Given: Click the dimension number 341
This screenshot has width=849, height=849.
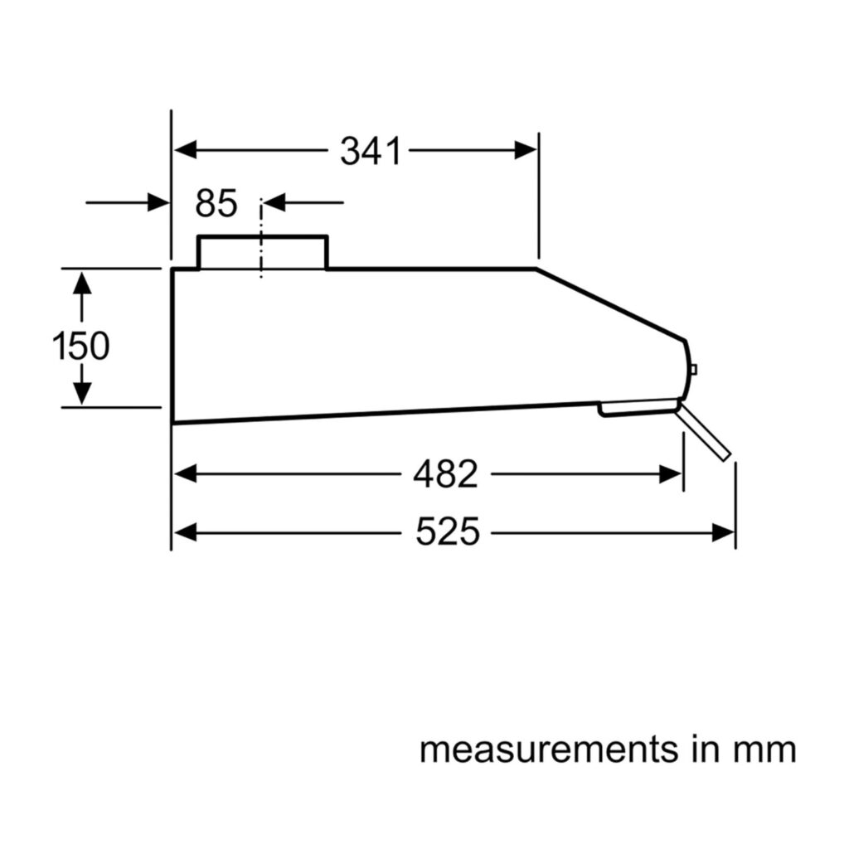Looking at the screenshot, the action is click(x=371, y=151).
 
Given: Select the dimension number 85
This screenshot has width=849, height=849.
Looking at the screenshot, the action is click(x=216, y=203).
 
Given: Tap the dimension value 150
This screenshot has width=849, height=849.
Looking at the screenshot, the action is click(x=80, y=346).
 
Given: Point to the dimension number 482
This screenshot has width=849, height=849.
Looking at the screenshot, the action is click(x=445, y=474).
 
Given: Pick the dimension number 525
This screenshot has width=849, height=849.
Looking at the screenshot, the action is click(x=448, y=531).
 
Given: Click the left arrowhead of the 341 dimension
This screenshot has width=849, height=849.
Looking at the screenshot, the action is click(x=185, y=150).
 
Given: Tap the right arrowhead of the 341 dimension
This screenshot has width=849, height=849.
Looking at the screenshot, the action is click(x=525, y=150).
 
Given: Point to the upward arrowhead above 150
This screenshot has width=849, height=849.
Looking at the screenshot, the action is click(x=82, y=284).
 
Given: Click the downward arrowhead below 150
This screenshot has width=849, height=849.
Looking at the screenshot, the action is click(x=82, y=393).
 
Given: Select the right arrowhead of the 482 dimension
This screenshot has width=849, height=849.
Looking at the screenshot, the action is click(x=670, y=474).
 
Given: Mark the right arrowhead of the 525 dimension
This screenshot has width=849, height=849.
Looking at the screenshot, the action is click(x=723, y=533).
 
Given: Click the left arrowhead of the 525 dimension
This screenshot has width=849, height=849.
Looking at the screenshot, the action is click(x=185, y=533).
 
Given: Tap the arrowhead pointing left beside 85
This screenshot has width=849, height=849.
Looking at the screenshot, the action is click(x=274, y=203).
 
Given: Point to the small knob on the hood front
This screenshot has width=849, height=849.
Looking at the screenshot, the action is click(x=694, y=369).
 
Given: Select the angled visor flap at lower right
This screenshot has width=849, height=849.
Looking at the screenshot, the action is click(x=704, y=433).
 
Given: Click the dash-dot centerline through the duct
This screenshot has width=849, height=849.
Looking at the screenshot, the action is click(x=261, y=238).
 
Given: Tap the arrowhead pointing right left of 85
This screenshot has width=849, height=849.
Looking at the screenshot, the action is click(x=158, y=203).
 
